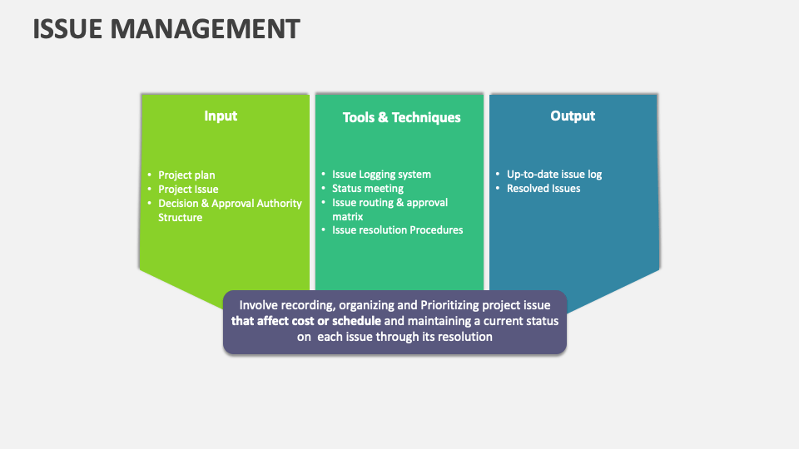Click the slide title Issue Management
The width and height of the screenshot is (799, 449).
tap(166, 29)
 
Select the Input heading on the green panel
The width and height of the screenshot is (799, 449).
tap(221, 116)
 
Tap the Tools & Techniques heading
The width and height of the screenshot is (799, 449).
tap(401, 117)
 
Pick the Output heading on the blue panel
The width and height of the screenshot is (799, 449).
tap(573, 116)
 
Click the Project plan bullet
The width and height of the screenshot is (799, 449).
tap(186, 175)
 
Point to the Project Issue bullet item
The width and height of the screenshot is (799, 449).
tap(188, 189)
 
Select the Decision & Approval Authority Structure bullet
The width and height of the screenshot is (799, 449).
tap(230, 210)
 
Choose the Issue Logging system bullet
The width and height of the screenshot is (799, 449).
tap(381, 175)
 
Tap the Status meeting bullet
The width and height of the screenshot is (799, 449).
tap(367, 189)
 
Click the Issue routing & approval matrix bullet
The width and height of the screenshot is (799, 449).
tap(390, 210)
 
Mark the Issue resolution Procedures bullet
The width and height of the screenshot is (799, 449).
tap(397, 229)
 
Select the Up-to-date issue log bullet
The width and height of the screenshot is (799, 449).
tap(554, 175)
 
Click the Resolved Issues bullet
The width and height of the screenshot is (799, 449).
tap(543, 189)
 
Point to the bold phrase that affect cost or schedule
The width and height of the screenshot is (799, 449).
tap(306, 321)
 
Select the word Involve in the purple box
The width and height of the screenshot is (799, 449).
tap(260, 305)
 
